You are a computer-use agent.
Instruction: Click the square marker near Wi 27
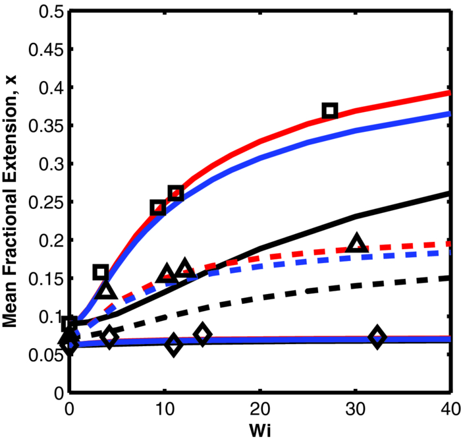[330, 111]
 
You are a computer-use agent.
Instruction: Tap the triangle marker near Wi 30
[357, 243]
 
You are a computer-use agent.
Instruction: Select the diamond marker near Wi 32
[377, 337]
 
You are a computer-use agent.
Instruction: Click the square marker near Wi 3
[101, 272]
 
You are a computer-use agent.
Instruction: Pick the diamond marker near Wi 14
[203, 335]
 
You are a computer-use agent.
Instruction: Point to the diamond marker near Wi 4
[109, 338]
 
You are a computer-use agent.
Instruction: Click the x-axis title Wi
[260, 430]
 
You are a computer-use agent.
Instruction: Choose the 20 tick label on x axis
[260, 409]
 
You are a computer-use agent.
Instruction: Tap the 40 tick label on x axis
[450, 409]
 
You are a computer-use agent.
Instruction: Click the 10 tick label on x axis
[165, 409]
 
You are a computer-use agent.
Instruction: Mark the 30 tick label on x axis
[355, 409]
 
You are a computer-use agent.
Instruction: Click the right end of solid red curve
[449, 93]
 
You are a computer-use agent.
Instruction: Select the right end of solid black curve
[449, 193]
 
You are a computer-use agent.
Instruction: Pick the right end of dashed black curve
[449, 278]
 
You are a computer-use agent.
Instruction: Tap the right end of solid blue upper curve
[449, 113]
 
